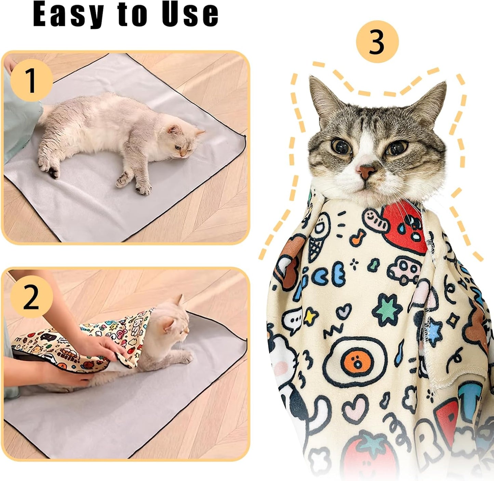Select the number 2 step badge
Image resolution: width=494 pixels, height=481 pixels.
coord(31,297)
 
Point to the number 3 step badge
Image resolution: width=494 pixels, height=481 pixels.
coord(377,42)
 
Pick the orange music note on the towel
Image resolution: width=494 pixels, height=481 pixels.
coord(359,237)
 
